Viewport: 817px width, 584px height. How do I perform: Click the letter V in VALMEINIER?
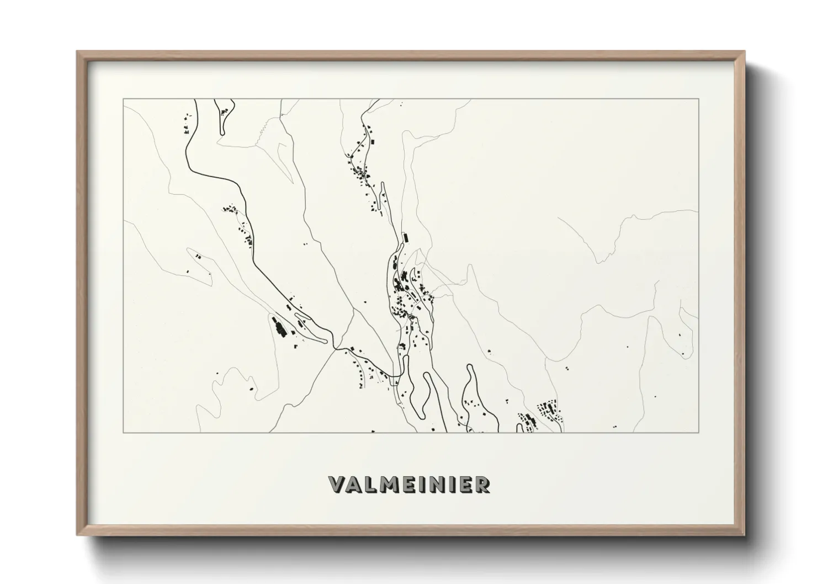pos(337,485)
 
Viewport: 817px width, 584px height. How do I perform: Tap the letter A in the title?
pos(354,485)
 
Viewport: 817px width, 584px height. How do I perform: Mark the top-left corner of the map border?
pos(123,99)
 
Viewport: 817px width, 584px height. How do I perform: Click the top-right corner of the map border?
pos(699,99)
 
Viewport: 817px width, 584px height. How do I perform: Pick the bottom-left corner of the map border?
pos(123,432)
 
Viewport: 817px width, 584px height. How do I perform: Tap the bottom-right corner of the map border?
pos(699,432)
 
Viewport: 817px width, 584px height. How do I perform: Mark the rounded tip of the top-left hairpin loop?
pos(222,131)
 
